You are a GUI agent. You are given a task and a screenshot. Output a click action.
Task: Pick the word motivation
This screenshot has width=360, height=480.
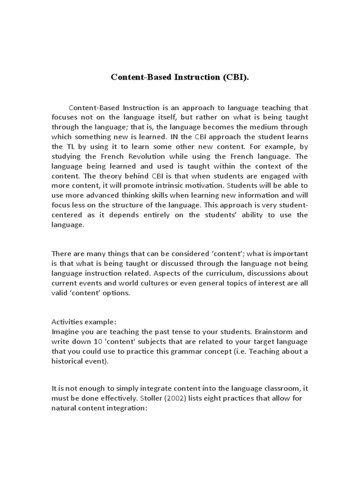(195, 186)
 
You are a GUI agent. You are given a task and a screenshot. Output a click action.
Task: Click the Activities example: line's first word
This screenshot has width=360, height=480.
(67, 322)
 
